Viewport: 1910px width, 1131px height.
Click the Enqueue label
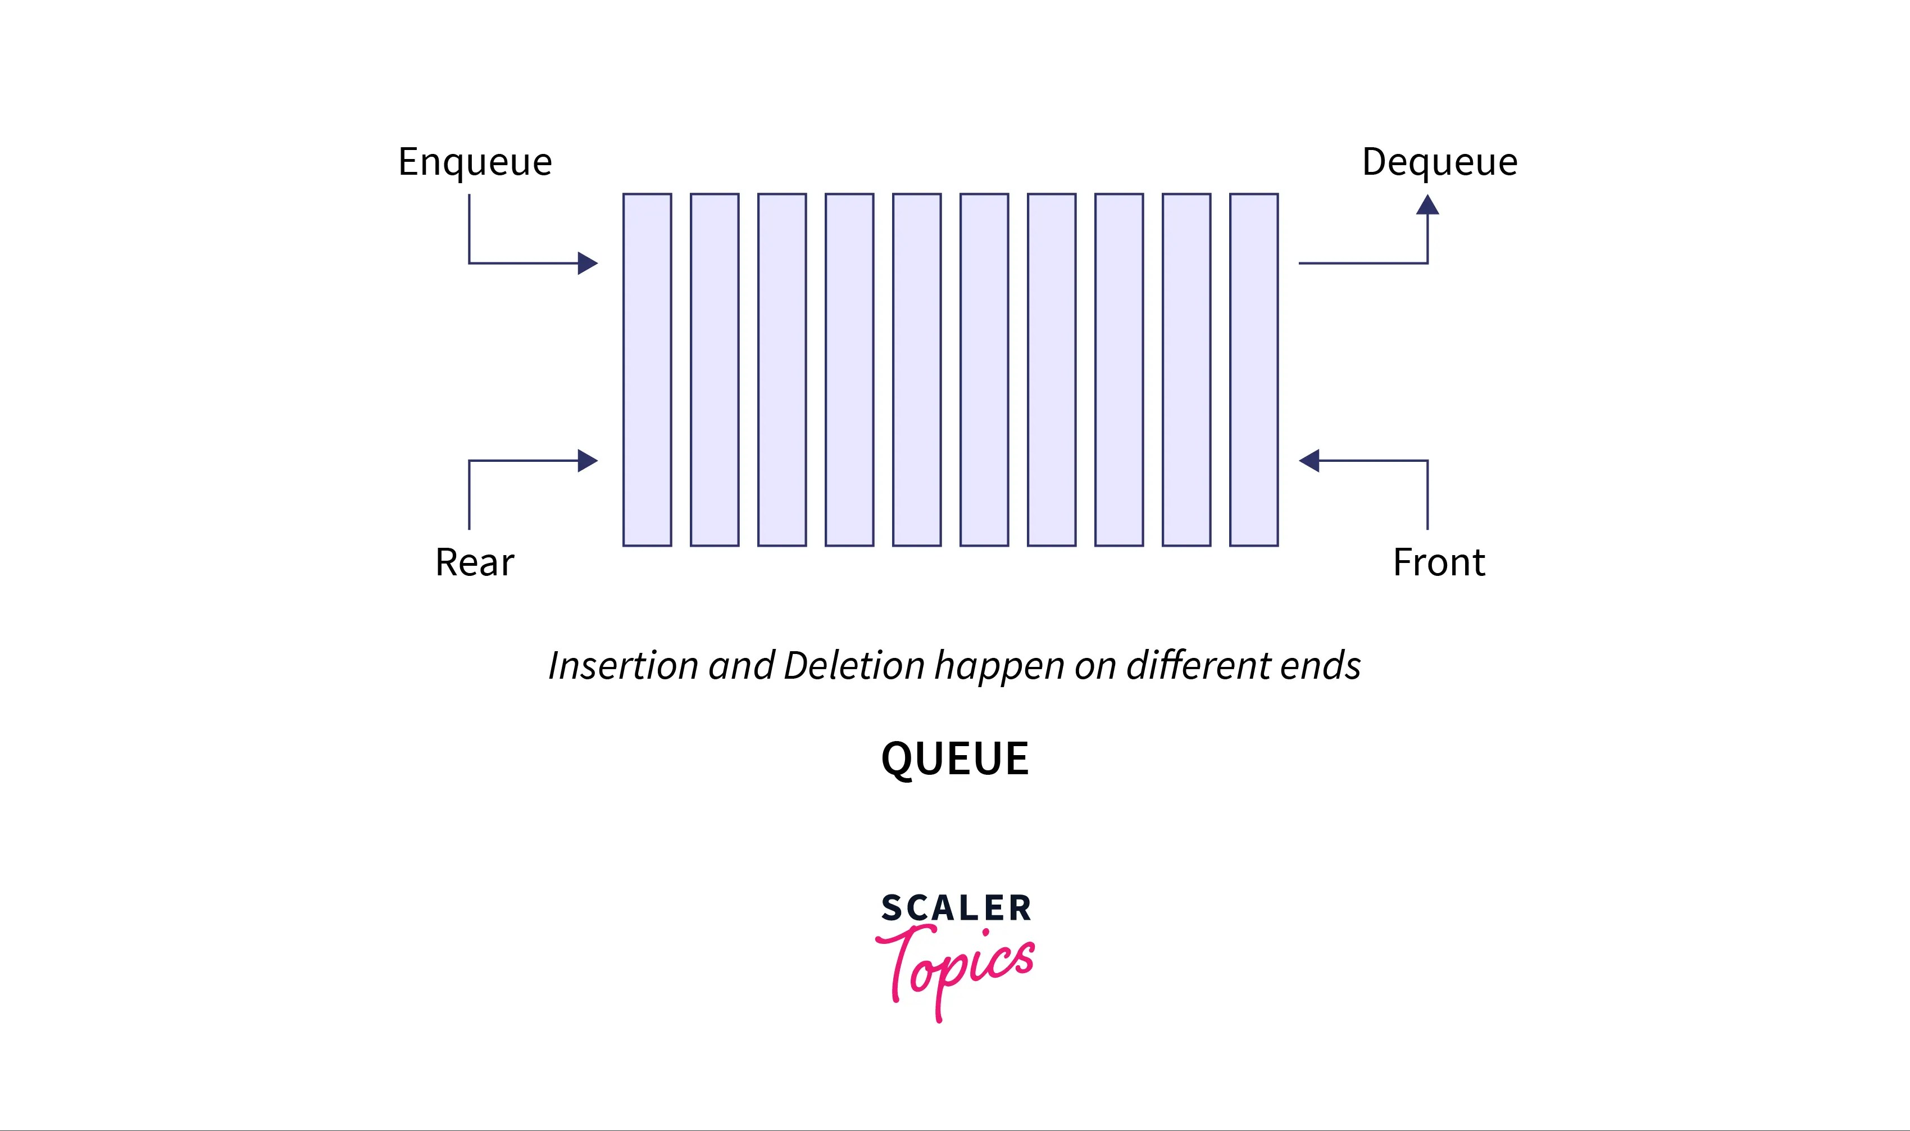point(475,162)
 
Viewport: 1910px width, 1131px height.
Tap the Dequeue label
point(1439,162)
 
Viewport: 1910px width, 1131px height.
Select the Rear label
point(475,562)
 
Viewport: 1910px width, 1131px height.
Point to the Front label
point(1439,562)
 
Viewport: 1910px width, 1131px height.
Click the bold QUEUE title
point(954,758)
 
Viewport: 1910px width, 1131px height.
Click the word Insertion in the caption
point(623,665)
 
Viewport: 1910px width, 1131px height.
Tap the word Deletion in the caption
point(853,665)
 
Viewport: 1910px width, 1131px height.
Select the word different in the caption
point(1198,665)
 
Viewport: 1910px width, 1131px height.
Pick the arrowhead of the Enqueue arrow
point(586,263)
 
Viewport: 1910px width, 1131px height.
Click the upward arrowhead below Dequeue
point(1427,205)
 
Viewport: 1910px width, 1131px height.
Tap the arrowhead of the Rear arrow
point(586,460)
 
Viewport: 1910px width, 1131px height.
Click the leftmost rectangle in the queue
point(647,370)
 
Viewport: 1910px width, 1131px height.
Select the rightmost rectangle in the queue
point(1253,370)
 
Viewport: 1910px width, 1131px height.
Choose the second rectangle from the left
point(715,370)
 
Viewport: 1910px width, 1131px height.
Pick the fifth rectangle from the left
point(917,370)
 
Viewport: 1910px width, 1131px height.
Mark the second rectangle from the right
point(1186,370)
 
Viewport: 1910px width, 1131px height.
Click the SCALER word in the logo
point(956,908)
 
